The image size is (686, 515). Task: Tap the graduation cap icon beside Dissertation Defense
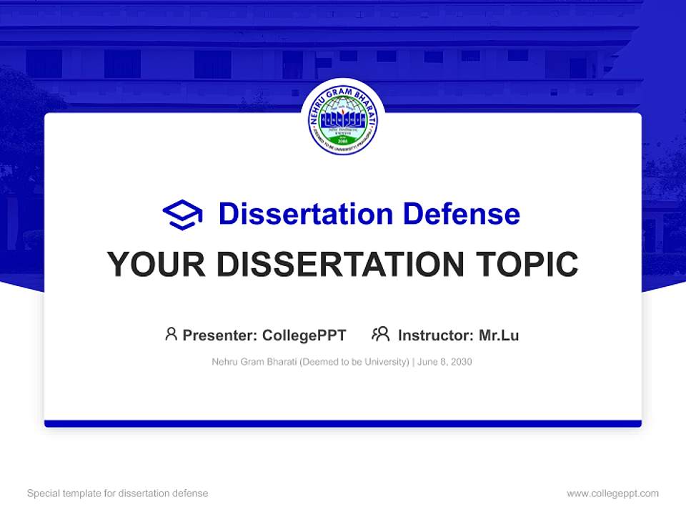click(182, 214)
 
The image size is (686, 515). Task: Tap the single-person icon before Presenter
click(171, 334)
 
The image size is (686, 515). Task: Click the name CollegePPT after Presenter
click(304, 335)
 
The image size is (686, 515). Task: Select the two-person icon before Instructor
click(380, 334)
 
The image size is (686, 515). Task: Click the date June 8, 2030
click(444, 362)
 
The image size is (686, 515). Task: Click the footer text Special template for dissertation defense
click(118, 494)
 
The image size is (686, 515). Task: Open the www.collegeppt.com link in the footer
click(612, 494)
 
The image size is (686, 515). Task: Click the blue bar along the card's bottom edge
click(343, 423)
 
